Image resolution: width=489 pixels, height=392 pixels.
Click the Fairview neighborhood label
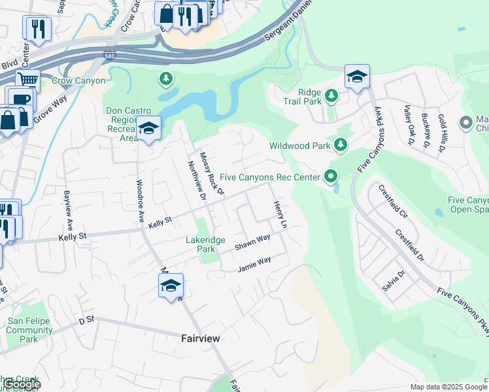click(x=200, y=338)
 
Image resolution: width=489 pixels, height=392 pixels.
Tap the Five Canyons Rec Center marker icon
click(x=331, y=176)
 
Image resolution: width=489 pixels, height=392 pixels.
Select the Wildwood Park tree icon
click(x=340, y=145)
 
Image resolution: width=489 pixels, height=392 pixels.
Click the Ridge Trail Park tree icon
click(x=331, y=96)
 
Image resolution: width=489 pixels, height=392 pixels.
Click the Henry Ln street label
click(x=279, y=214)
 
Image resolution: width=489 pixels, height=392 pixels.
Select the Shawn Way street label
click(x=252, y=242)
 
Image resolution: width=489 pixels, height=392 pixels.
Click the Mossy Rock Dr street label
click(x=212, y=174)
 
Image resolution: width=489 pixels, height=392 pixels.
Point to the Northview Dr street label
click(x=197, y=181)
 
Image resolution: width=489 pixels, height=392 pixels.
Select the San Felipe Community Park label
click(x=29, y=330)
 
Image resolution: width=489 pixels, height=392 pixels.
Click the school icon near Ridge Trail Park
click(x=357, y=78)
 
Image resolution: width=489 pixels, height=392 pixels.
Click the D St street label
click(x=86, y=320)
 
